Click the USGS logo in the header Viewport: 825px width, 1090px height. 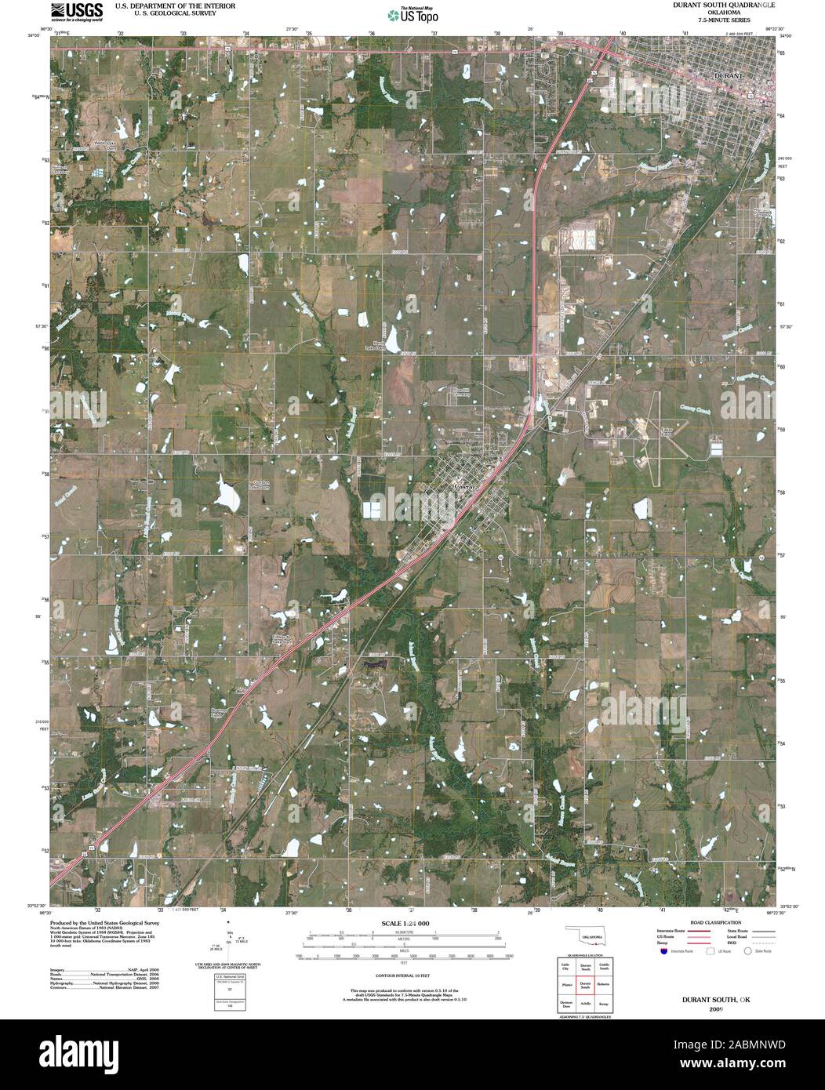coord(77,12)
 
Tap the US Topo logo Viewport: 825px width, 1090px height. coord(413,15)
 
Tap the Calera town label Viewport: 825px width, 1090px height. coord(464,487)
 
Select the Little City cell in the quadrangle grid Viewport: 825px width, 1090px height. coord(565,966)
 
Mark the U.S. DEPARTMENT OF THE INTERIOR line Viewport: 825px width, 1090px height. coord(175,5)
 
